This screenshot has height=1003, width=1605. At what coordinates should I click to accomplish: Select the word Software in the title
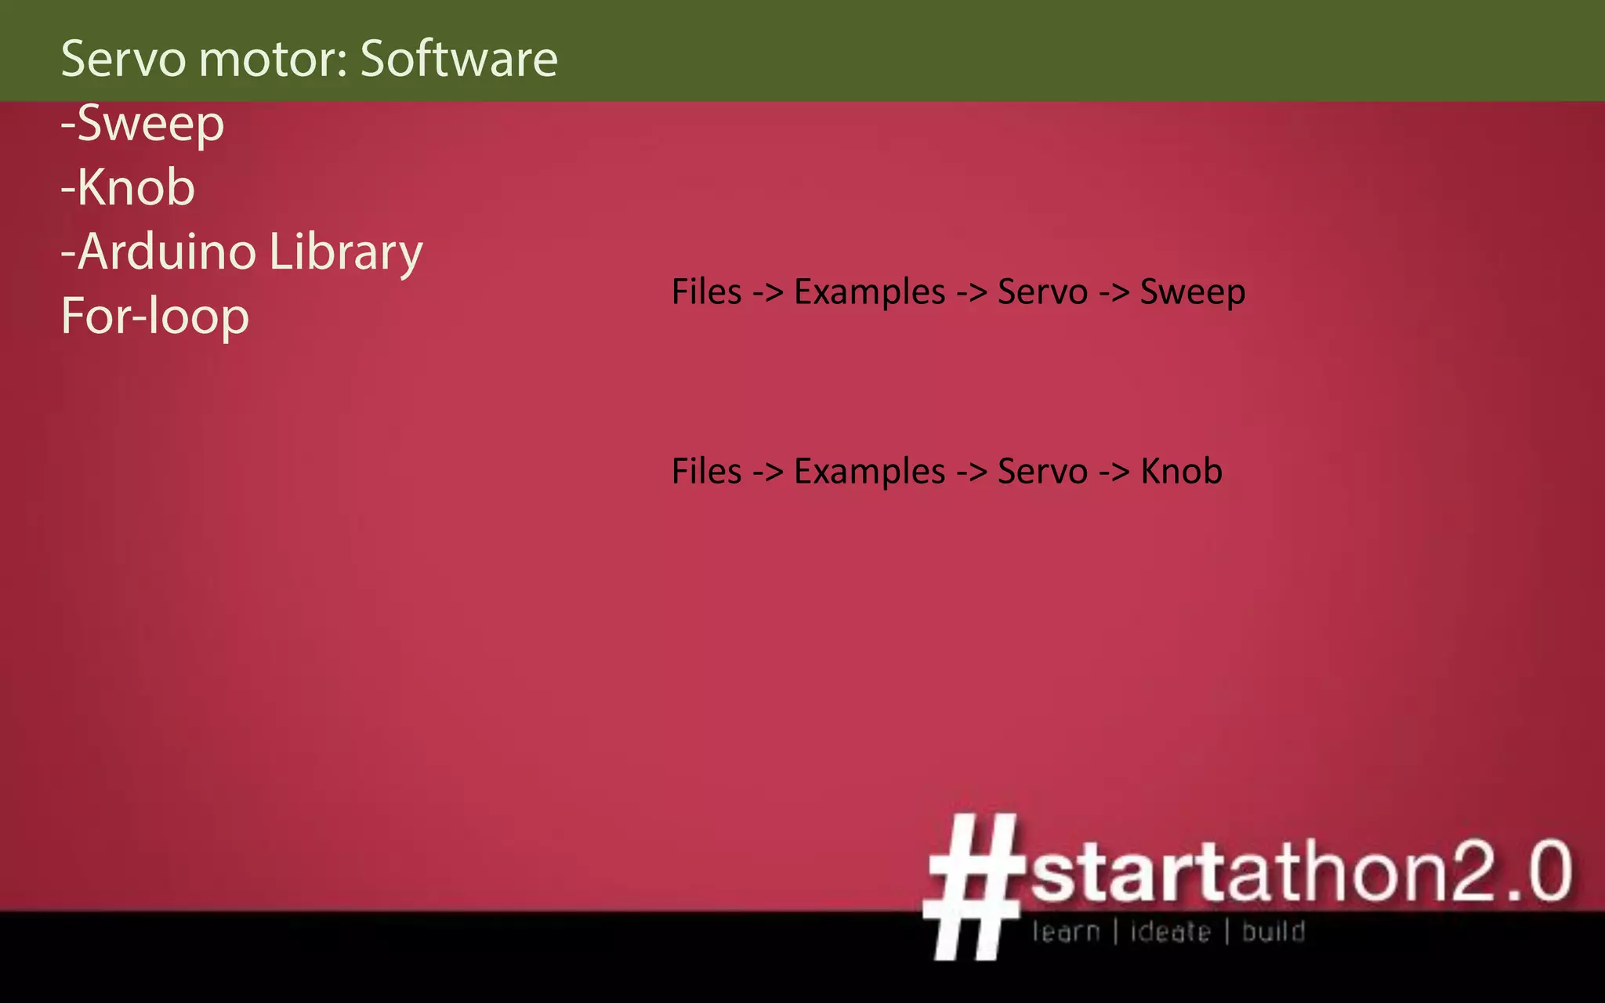(458, 59)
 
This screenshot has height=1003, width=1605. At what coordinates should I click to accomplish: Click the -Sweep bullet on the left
(143, 124)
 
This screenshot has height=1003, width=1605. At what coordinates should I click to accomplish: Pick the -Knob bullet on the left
(128, 188)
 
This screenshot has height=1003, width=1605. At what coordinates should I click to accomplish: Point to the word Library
(346, 252)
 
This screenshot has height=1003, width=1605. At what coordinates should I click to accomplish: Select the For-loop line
(155, 317)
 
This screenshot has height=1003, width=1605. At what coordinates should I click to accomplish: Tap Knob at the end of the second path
(1181, 472)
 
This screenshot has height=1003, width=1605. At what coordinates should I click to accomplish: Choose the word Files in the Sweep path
(706, 292)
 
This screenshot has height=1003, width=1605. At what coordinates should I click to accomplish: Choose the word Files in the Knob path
(706, 472)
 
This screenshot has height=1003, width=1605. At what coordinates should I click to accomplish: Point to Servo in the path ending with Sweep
(1042, 292)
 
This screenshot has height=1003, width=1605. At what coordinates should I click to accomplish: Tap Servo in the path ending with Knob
(1042, 472)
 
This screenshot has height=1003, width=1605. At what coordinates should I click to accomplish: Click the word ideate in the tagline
(1170, 932)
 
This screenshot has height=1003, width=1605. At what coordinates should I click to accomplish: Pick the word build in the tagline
(1273, 932)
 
